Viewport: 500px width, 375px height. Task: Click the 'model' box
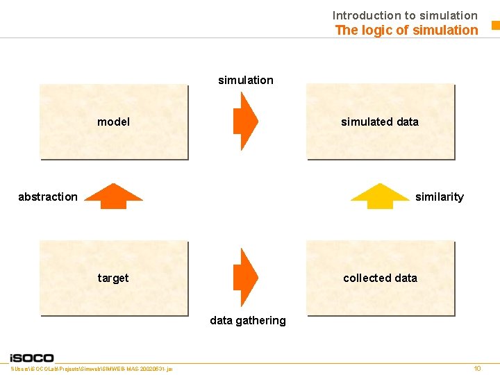114,122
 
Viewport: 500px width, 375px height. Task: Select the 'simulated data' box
380,122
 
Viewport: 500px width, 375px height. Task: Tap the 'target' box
114,278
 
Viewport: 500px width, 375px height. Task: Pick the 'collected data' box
380,278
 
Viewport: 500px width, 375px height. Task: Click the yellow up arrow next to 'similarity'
380,196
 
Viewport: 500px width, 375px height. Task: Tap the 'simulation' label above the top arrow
246,80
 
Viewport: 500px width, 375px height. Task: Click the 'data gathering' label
248,320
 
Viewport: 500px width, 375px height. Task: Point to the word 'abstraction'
48,197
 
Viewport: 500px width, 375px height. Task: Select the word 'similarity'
439,197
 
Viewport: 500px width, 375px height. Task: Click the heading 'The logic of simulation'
406,30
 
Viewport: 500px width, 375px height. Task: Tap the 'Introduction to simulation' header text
405,15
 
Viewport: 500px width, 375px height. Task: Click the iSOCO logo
32,358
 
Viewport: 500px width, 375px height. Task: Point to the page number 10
477,368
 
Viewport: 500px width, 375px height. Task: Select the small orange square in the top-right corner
495,26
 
